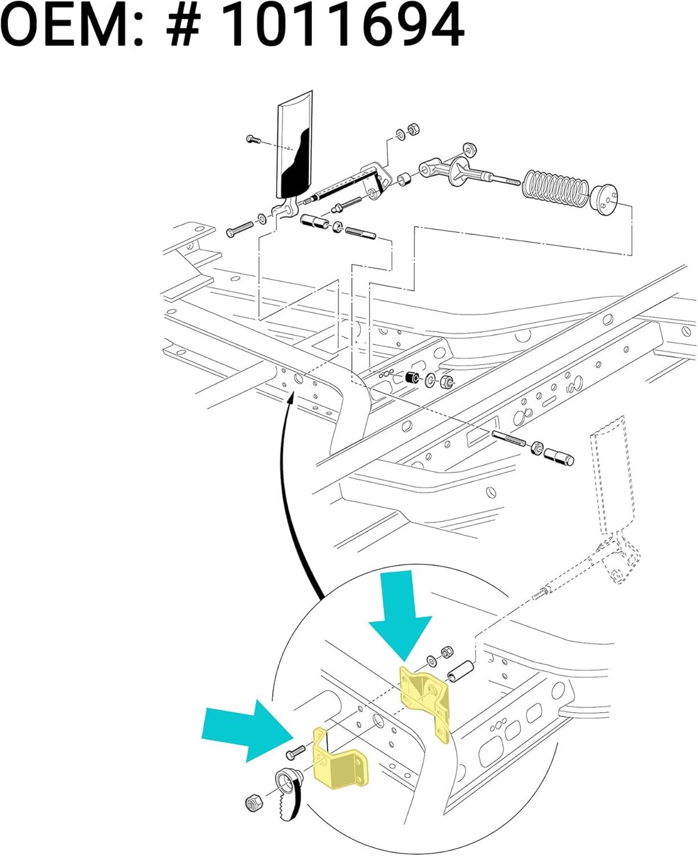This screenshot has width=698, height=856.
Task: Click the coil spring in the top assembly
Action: coord(555,188)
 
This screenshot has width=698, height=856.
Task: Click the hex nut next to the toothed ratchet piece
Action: coord(253,803)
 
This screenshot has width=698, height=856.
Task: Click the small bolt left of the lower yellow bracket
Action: coord(296,752)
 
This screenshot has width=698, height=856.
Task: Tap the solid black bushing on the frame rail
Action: coord(412,378)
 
